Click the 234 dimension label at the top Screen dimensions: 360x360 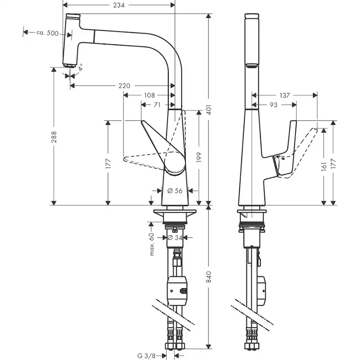pyautogui.click(x=118, y=5)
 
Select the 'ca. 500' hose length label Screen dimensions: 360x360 pyautogui.click(x=47, y=33)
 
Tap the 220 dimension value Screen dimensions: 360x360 pyautogui.click(x=124, y=86)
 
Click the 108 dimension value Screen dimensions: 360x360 pyautogui.click(x=149, y=95)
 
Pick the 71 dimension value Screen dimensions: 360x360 pyautogui.click(x=157, y=104)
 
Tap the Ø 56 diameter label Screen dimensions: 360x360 pyautogui.click(x=174, y=190)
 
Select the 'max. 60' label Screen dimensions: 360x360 pyautogui.click(x=152, y=244)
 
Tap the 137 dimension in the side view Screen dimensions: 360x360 pyautogui.click(x=285, y=95)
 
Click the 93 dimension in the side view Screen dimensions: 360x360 pyautogui.click(x=273, y=104)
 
